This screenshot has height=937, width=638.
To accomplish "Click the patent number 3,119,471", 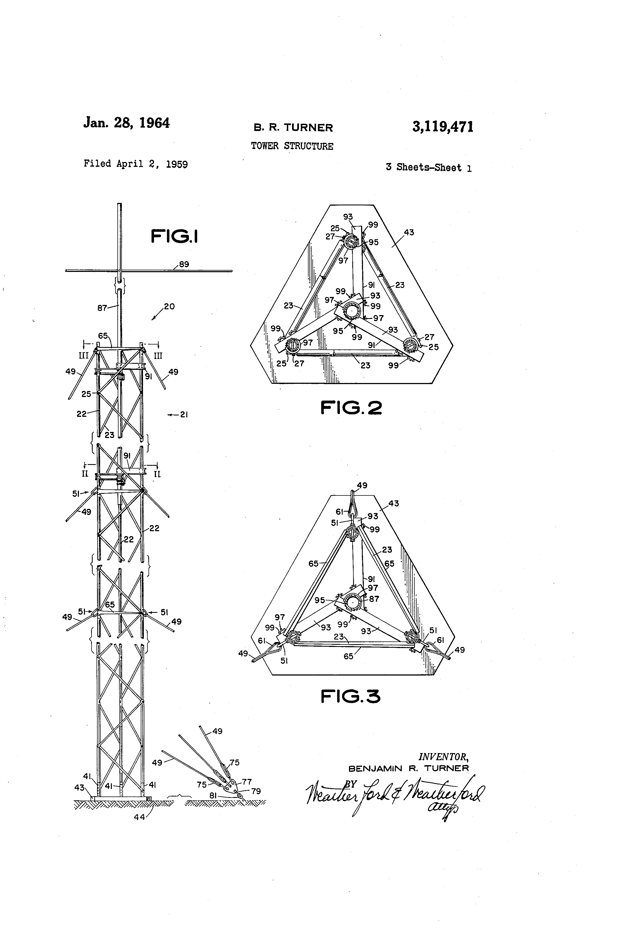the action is (442, 127).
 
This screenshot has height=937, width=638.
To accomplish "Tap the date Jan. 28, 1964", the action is (126, 123).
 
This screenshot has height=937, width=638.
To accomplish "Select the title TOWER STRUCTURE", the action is (292, 146).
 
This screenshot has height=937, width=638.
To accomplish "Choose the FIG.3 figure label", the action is (350, 696).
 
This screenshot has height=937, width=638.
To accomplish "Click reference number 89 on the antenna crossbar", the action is (184, 264).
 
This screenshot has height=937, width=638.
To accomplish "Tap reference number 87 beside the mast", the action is (102, 308).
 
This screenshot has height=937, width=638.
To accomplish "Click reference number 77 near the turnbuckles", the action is (246, 782).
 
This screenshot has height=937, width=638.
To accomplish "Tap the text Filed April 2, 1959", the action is (136, 164).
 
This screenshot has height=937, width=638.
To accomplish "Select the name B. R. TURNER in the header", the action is (293, 128).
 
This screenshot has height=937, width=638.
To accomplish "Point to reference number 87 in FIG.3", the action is (374, 599).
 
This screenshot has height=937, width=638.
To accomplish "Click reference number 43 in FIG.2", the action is (409, 232).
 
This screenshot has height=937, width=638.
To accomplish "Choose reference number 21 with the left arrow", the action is (184, 414).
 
